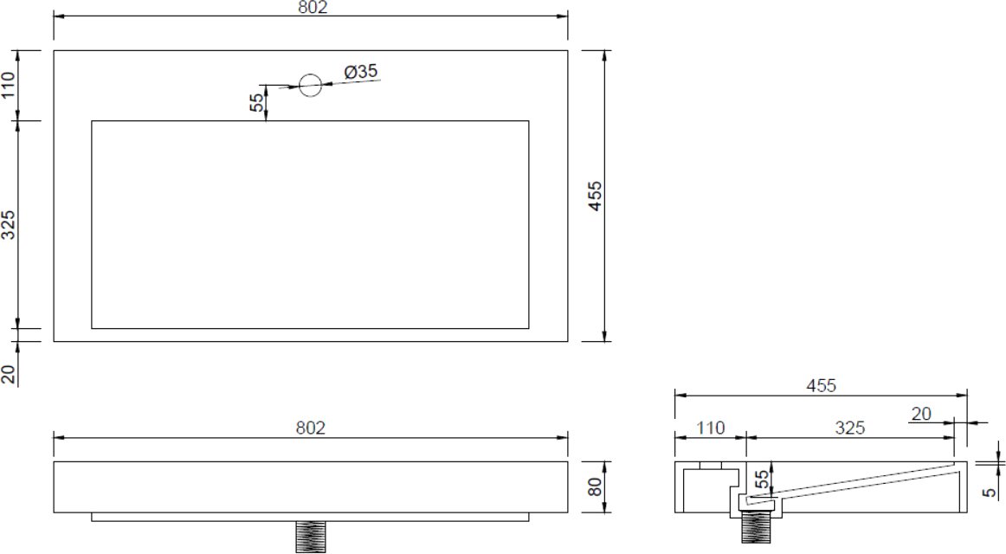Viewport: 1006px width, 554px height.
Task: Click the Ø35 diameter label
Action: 360,71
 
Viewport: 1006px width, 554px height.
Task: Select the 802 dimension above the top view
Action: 313,7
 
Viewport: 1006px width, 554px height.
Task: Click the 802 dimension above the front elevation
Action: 311,428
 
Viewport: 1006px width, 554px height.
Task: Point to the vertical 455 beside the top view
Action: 596,196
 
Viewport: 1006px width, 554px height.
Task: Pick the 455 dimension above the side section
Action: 822,385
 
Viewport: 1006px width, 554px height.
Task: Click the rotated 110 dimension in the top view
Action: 8,86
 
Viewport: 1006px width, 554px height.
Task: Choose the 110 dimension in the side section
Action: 710,428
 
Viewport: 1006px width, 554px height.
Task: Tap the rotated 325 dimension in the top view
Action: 8,224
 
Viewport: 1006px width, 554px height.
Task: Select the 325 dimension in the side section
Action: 850,428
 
